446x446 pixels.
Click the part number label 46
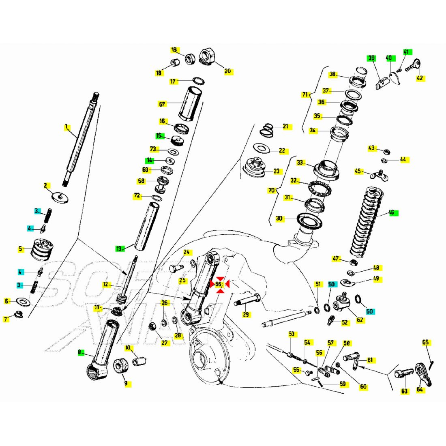click(x=391, y=212)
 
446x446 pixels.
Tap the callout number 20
click(x=227, y=71)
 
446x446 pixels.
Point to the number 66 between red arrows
click(x=219, y=285)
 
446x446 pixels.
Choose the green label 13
click(x=119, y=249)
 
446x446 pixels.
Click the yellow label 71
click(x=305, y=95)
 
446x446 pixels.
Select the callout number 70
click(x=271, y=190)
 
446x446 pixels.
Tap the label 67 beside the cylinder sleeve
click(x=163, y=104)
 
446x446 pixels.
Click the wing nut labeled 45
click(x=377, y=175)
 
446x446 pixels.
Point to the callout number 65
click(x=425, y=343)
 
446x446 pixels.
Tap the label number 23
click(x=277, y=171)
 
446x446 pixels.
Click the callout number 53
click(x=292, y=334)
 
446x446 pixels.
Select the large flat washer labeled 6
click(x=23, y=302)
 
